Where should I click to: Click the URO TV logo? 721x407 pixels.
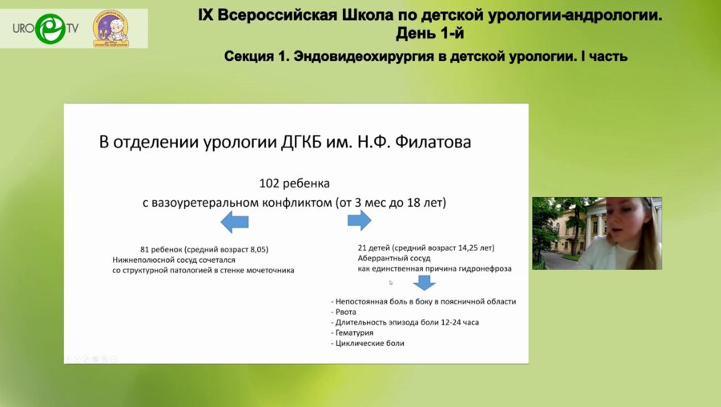point(45,28)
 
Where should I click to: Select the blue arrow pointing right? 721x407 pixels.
point(358,220)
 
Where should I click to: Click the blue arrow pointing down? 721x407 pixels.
point(423,282)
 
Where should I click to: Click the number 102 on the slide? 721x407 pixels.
point(271,183)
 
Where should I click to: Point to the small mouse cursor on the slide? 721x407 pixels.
point(391,282)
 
